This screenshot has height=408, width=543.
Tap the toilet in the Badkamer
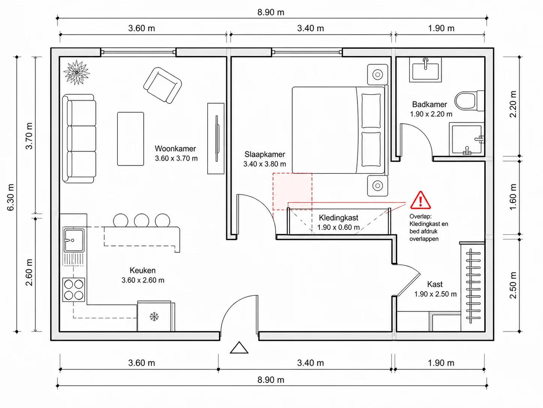tap(469, 101)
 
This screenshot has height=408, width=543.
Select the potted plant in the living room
tap(77, 73)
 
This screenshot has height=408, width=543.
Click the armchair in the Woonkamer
tap(162, 85)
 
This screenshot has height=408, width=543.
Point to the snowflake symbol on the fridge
tap(154, 317)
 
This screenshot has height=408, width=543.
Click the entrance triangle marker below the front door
tap(239, 348)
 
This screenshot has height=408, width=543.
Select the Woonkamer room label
tap(175, 149)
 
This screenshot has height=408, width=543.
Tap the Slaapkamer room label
tap(265, 154)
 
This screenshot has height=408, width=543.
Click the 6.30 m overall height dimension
tap(10, 197)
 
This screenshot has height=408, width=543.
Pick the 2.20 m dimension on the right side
tap(513, 104)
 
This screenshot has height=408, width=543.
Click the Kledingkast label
tap(338, 218)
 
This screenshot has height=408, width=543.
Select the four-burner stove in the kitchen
tap(74, 290)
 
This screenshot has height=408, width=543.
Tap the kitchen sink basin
tap(74, 240)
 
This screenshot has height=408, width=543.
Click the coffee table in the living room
tap(130, 139)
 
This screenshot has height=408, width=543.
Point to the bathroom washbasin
tap(425, 70)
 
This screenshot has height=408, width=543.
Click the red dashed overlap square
tap(292, 192)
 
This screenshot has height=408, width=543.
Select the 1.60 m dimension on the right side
tap(513, 197)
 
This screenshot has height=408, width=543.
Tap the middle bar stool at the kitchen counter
tap(141, 220)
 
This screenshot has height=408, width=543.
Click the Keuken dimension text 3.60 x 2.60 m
tap(143, 280)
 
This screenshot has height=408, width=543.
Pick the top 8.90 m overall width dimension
tap(271, 12)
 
